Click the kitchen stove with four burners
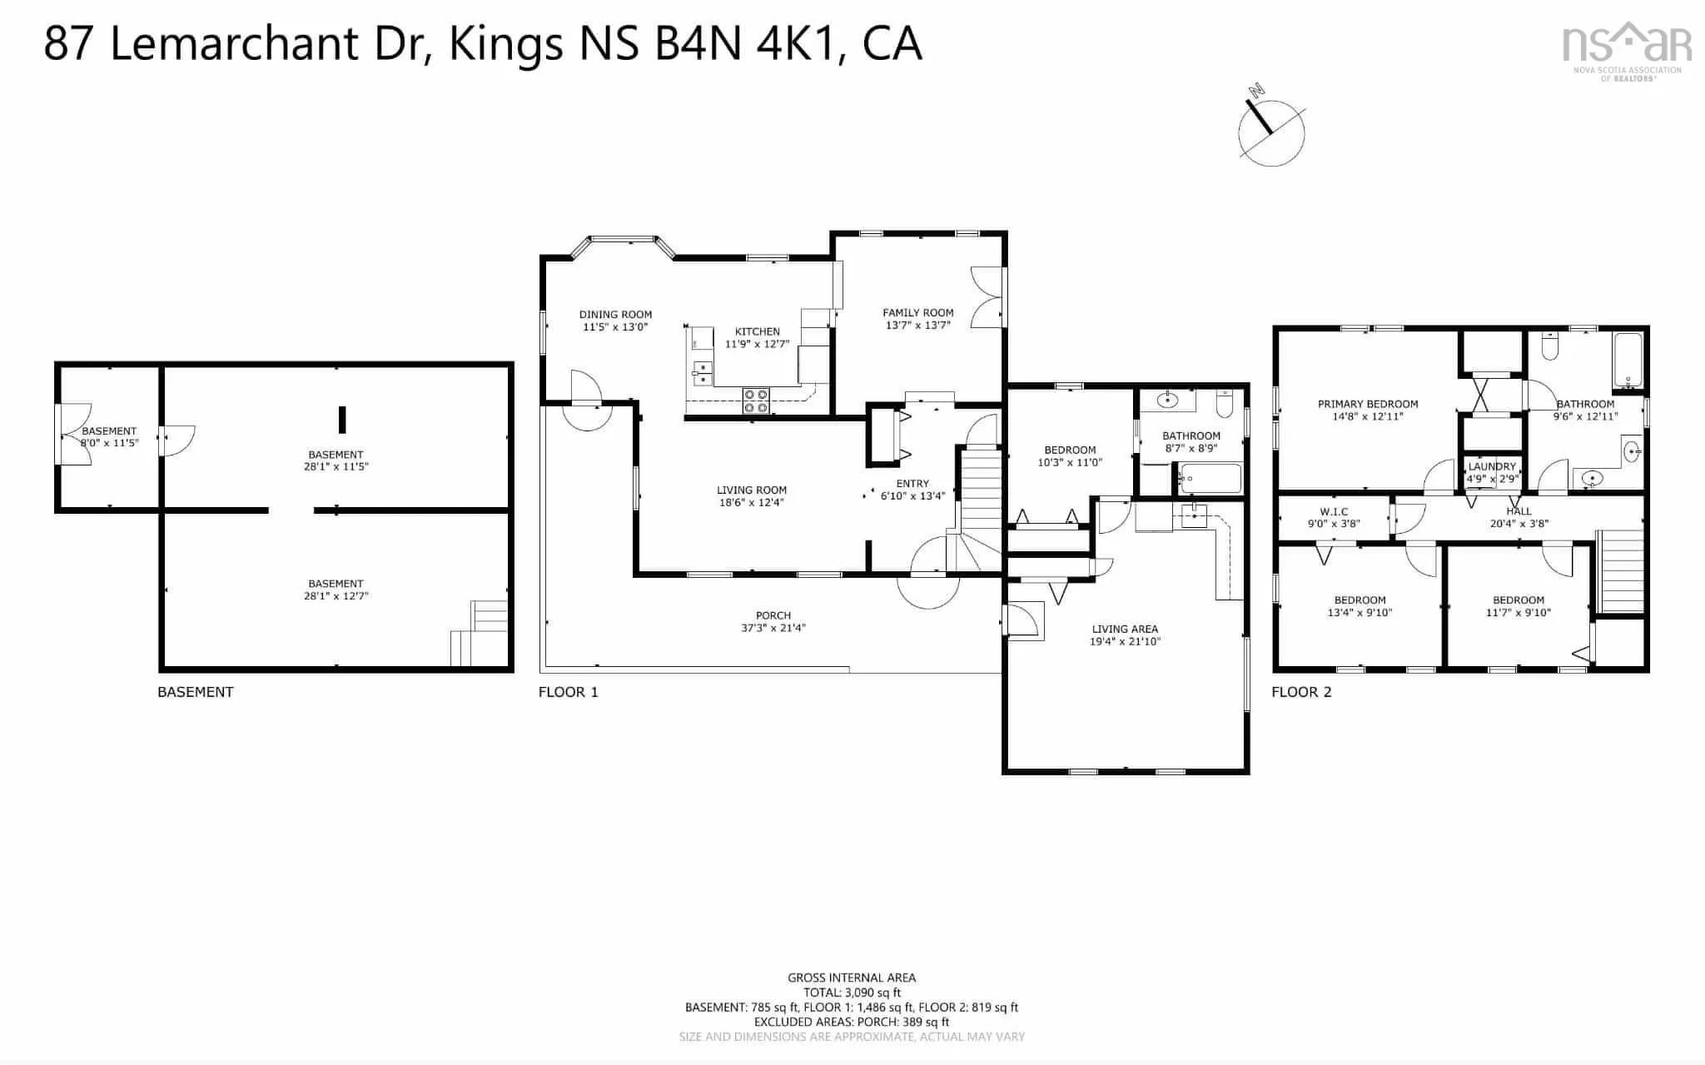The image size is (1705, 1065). pos(756,401)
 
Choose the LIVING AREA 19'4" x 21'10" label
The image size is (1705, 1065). pos(1125,635)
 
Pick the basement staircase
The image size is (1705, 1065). pos(479,634)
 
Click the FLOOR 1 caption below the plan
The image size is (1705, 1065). pos(569,692)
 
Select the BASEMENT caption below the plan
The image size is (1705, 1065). pos(196,692)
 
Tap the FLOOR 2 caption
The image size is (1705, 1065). pos(1301,692)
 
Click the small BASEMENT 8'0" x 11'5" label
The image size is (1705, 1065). pos(109,437)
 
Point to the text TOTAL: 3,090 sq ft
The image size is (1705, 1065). pos(852,993)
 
